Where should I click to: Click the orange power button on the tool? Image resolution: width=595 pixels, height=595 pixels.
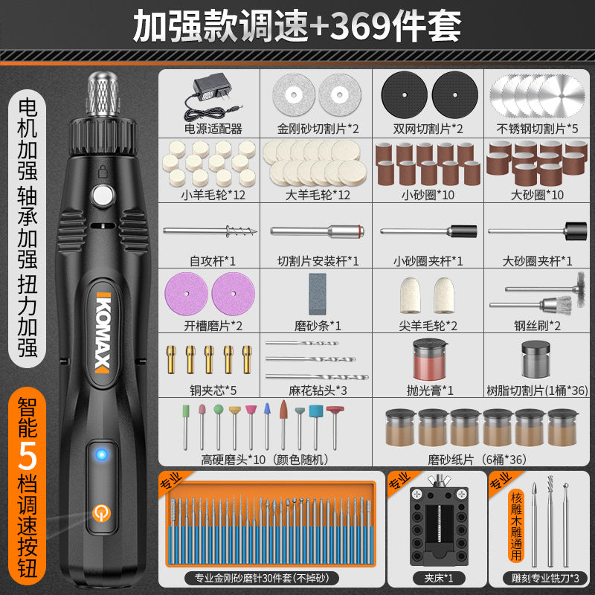(x=101, y=513)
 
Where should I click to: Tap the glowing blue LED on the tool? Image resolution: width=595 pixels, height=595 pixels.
(x=101, y=454)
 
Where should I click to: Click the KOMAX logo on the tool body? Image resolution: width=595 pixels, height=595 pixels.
(x=103, y=332)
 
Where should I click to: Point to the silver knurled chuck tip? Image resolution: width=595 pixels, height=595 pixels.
(x=103, y=94)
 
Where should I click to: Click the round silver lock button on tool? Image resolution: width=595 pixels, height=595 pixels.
(x=103, y=196)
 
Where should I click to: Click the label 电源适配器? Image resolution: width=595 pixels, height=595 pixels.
(x=213, y=129)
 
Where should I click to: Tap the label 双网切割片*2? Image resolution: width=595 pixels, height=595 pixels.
(x=428, y=129)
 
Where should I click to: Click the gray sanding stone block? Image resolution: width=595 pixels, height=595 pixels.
(x=318, y=294)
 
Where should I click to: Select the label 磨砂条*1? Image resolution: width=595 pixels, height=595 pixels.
(x=318, y=326)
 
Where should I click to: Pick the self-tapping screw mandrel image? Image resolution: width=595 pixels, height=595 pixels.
(x=210, y=231)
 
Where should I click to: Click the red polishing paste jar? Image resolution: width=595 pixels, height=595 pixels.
(x=430, y=359)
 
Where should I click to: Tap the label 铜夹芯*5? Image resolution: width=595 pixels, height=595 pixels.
(x=213, y=390)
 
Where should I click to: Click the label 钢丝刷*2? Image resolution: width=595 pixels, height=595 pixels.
(x=537, y=326)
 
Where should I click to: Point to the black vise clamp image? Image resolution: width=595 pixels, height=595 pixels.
(x=439, y=521)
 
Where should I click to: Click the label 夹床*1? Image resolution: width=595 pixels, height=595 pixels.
(x=439, y=579)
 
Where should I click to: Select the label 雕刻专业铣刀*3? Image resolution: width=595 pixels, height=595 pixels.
(x=545, y=579)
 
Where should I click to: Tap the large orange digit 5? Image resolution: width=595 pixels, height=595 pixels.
(x=27, y=456)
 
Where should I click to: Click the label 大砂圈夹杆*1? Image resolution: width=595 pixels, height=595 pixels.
(x=537, y=261)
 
